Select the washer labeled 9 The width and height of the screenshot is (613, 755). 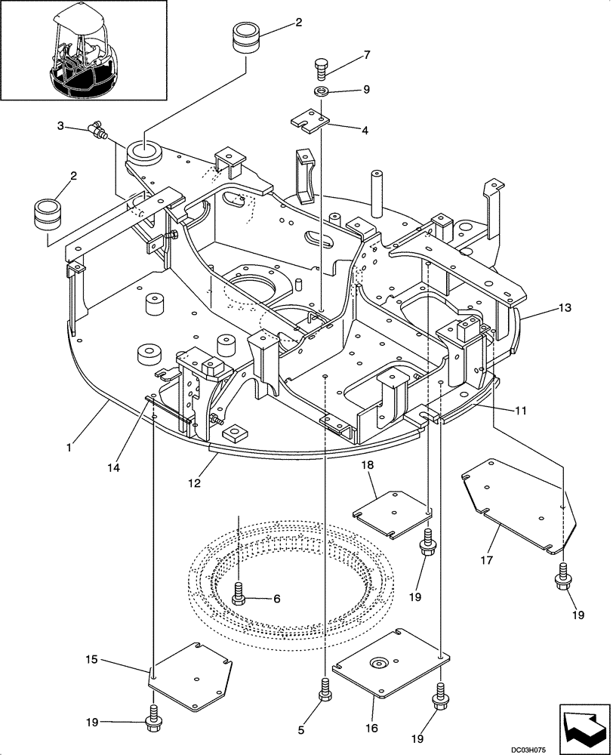coord(321,92)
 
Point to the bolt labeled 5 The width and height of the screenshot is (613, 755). coord(325,689)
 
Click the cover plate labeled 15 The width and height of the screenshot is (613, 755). coord(190,674)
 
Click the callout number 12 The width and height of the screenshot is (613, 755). coord(195,482)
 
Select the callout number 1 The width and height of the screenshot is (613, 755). coord(69,447)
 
